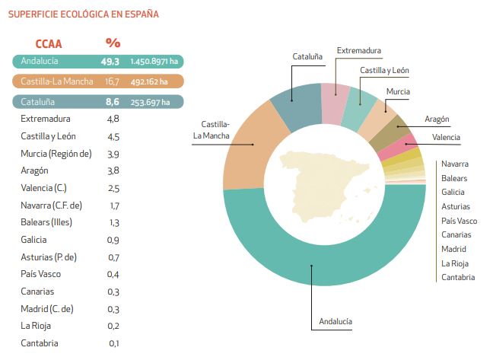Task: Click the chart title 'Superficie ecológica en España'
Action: pos(84,14)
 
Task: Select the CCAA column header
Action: pos(48,43)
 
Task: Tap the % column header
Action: pos(113,43)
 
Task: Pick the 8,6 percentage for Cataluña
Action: pos(113,101)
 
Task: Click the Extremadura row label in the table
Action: pos(46,119)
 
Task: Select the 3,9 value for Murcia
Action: pos(113,154)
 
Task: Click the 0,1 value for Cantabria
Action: pos(113,343)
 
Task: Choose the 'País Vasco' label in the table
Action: pos(41,274)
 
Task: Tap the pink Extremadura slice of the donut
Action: pos(330,99)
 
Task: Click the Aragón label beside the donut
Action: pos(437,119)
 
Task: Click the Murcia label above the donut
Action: pos(398,91)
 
